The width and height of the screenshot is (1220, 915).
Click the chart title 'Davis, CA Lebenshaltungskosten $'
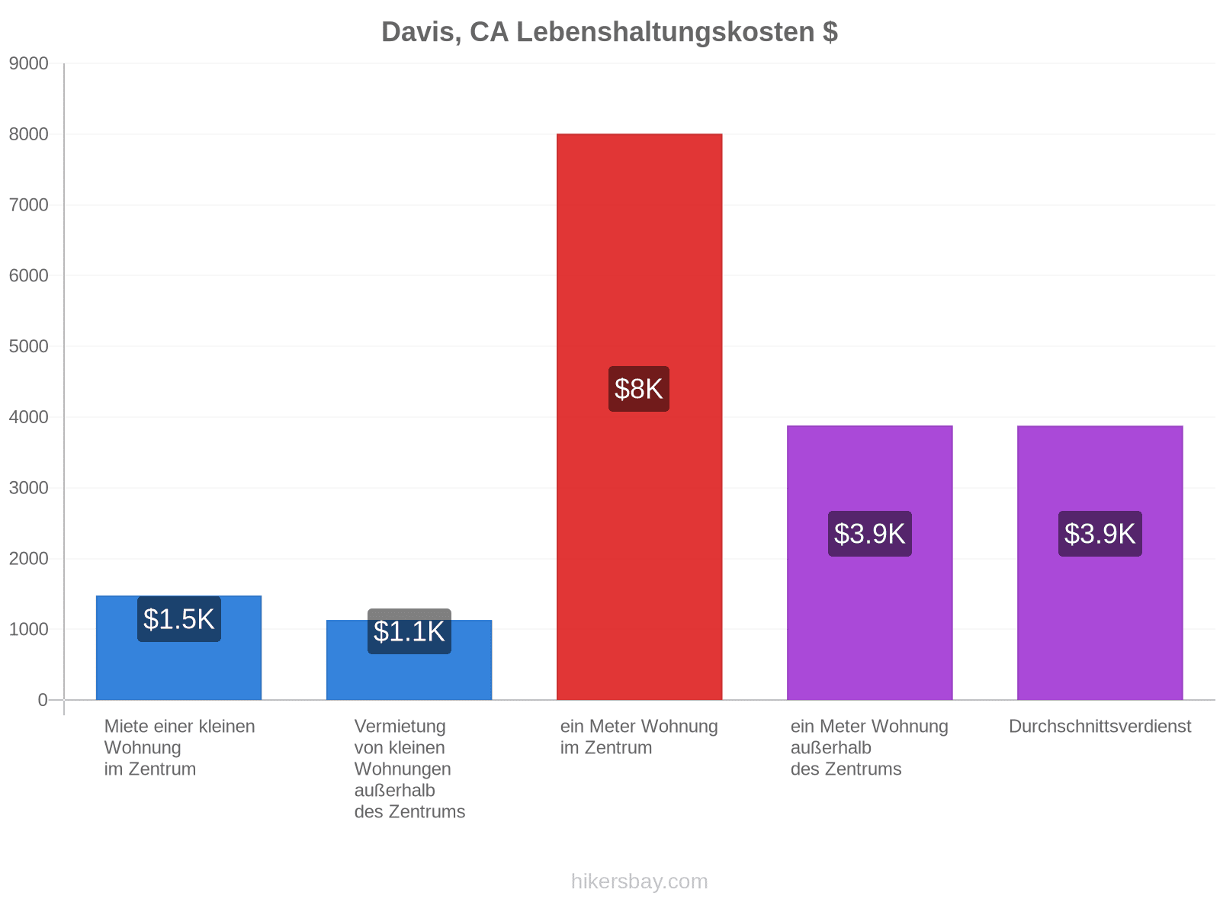(x=609, y=32)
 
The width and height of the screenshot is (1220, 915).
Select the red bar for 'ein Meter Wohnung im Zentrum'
(x=639, y=416)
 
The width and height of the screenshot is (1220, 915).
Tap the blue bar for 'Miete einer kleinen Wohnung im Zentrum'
(x=178, y=648)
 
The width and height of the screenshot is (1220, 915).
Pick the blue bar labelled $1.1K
(x=409, y=660)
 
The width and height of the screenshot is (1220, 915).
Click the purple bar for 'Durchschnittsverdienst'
(x=1100, y=563)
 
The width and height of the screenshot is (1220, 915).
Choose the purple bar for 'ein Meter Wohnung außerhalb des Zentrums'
(x=870, y=563)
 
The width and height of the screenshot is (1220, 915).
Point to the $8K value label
(x=639, y=389)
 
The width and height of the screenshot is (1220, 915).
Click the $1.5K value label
(x=179, y=619)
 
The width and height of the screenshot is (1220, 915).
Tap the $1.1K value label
(x=409, y=631)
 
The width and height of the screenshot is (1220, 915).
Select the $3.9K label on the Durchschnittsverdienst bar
(x=1100, y=533)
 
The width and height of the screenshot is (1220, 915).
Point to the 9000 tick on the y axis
(x=28, y=63)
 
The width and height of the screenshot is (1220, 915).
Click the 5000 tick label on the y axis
(x=28, y=346)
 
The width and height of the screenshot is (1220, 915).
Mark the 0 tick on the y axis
(x=43, y=700)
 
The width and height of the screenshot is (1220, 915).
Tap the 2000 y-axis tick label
(x=28, y=558)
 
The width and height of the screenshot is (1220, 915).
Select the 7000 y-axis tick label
(x=28, y=205)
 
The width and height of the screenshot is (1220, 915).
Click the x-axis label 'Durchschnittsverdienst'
(x=1100, y=726)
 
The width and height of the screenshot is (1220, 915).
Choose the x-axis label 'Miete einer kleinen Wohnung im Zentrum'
(x=179, y=748)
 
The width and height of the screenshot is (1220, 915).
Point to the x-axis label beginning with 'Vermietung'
(x=409, y=769)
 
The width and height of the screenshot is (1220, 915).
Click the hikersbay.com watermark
(x=639, y=881)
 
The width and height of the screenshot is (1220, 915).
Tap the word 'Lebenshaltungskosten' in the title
(x=666, y=32)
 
